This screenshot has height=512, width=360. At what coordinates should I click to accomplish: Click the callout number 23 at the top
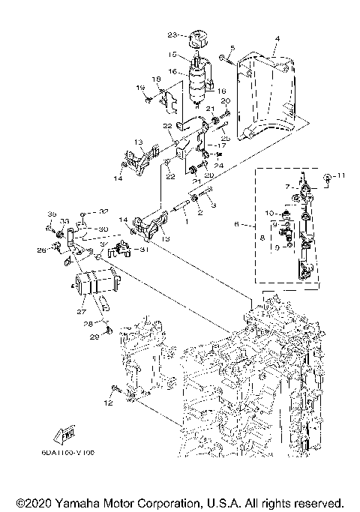click(x=171, y=34)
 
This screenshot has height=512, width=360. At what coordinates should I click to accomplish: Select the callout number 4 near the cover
click(x=277, y=38)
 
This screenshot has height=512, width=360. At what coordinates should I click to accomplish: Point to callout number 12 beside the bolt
click(x=108, y=403)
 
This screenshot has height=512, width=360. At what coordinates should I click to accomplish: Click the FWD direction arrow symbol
click(x=66, y=436)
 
